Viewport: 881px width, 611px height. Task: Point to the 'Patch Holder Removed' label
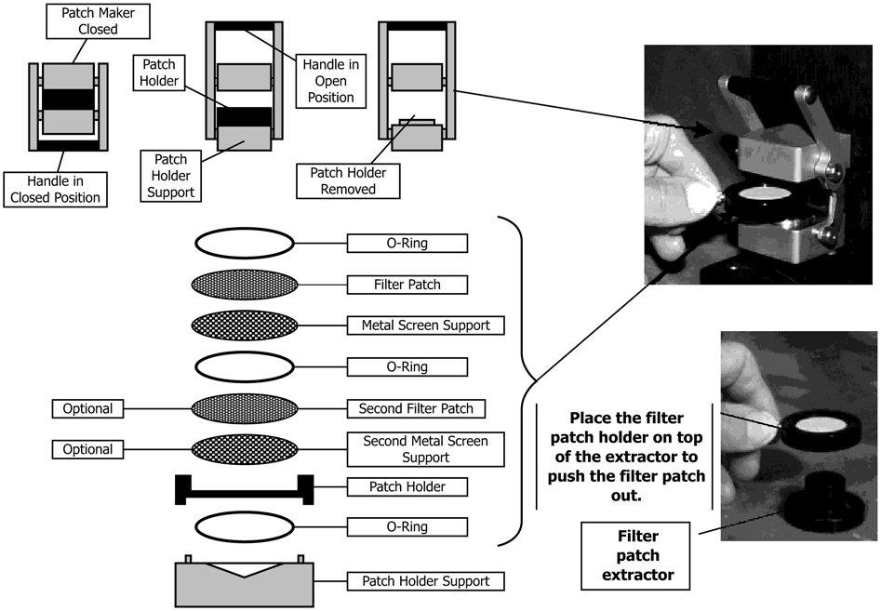point(349,180)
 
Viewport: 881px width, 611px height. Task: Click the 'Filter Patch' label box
point(407,284)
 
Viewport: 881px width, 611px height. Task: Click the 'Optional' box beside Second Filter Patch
point(88,408)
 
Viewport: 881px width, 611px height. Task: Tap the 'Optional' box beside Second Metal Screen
point(88,449)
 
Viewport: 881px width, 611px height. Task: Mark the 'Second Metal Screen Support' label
point(425,450)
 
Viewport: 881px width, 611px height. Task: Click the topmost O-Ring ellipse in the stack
point(245,244)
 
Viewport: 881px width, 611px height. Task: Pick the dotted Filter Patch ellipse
point(245,284)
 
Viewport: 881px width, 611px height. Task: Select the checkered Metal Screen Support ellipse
point(245,325)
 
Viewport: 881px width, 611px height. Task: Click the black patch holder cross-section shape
point(245,489)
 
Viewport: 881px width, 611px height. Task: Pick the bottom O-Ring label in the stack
point(407,527)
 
